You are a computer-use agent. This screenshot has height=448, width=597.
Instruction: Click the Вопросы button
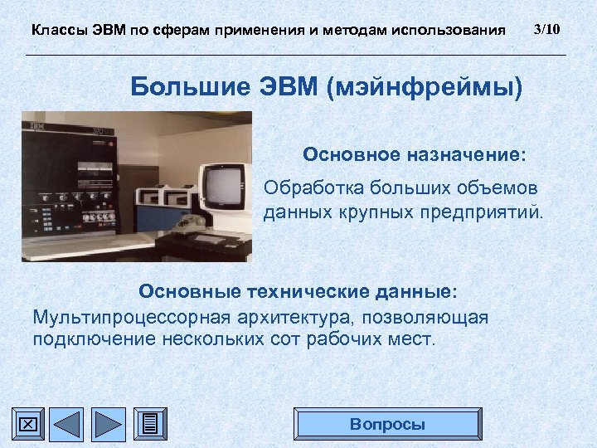coord(387,424)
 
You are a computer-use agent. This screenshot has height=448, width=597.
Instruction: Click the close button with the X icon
coord(27,424)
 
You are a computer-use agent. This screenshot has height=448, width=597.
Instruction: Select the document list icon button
coord(149,424)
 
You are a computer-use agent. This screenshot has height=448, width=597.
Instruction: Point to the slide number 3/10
coord(547,30)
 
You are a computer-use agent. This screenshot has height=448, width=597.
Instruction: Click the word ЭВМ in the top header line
coord(108,31)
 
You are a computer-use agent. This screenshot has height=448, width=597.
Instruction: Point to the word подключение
coord(85,339)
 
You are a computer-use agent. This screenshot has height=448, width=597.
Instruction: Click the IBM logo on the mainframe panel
coord(36,126)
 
